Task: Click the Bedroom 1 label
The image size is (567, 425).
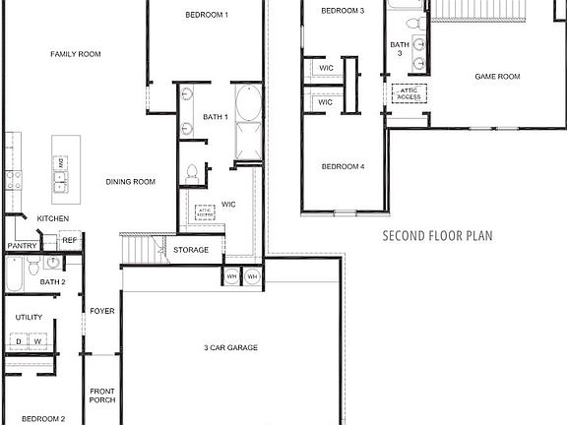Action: [207, 15]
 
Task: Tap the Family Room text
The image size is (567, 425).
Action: [76, 54]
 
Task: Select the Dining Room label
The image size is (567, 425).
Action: [131, 181]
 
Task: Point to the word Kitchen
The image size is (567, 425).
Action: [53, 218]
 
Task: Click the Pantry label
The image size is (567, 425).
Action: [22, 246]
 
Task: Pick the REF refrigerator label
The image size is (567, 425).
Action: [69, 240]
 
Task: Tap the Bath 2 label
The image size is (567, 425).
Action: [52, 282]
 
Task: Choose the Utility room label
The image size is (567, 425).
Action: [29, 318]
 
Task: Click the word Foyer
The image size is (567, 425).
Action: [102, 311]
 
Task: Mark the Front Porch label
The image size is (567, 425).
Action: [102, 395]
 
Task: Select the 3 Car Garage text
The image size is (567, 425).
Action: [230, 348]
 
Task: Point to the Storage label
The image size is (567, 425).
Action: [191, 250]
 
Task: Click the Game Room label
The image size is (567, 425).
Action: [497, 76]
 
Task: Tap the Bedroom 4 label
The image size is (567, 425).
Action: [343, 166]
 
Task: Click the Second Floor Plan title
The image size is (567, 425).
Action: [436, 236]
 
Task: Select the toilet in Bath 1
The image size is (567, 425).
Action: [193, 173]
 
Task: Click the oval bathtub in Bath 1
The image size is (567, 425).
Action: [247, 103]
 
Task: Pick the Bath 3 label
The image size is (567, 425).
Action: [399, 49]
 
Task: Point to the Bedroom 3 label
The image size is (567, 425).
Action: [343, 10]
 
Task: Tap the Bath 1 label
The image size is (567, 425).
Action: [216, 117]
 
